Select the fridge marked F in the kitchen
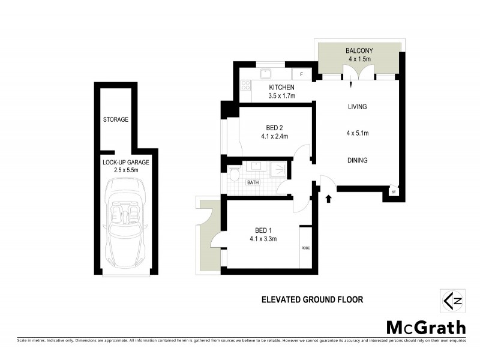[302, 75]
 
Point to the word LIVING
[357, 107]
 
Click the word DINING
[357, 160]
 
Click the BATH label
[253, 182]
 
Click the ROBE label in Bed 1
[305, 247]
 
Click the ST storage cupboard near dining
[394, 192]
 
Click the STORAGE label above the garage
[115, 119]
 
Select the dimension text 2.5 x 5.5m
[125, 170]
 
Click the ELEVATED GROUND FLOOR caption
[312, 299]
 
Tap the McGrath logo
[425, 327]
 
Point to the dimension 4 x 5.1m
[357, 133]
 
